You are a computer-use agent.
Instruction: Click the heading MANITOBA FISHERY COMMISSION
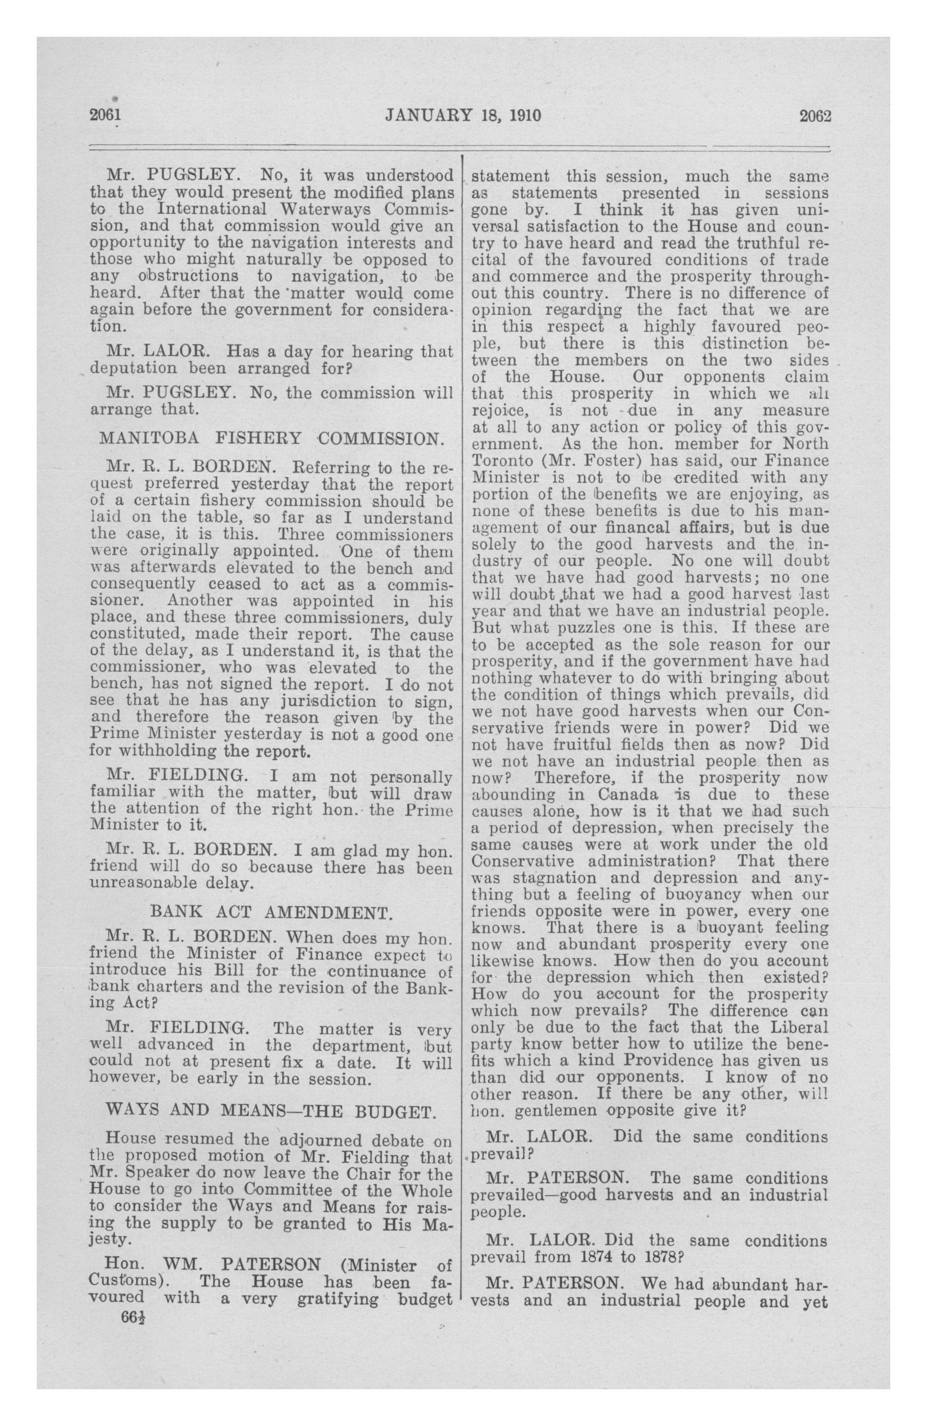point(272,438)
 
